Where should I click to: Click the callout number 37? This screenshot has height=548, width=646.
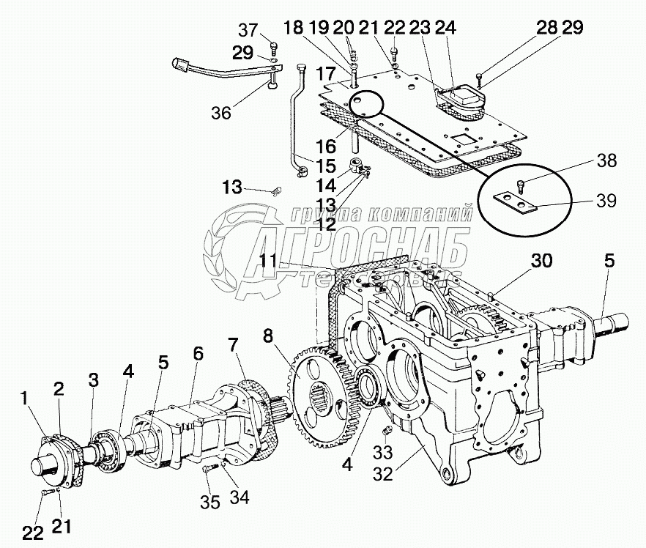click(x=248, y=30)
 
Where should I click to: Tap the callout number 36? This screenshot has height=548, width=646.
click(x=220, y=113)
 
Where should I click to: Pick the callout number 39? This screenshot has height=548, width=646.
click(x=606, y=199)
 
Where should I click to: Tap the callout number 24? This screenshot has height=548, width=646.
click(x=445, y=27)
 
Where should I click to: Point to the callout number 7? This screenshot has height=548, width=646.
click(x=232, y=344)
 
